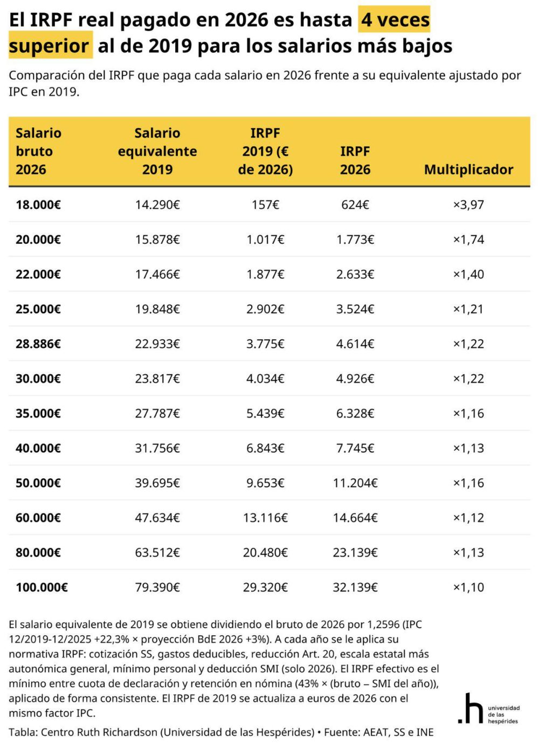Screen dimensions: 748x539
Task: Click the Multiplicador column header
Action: (468, 169)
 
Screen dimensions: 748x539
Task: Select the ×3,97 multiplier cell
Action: (468, 205)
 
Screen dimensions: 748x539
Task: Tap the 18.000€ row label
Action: (38, 205)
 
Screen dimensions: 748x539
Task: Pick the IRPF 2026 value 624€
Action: (355, 205)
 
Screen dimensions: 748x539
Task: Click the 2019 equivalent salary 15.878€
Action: (157, 239)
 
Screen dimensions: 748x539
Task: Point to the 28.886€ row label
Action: (38, 344)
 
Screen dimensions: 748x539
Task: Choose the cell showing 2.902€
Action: (265, 309)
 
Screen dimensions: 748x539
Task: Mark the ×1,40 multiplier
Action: (468, 275)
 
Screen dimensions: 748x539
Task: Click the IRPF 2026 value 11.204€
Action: (355, 483)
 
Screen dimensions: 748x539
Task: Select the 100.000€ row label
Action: (42, 587)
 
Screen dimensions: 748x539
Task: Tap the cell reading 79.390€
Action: (157, 587)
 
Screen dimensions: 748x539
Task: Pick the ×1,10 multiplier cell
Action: (468, 587)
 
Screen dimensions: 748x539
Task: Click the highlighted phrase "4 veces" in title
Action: (395, 20)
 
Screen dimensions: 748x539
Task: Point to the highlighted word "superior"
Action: (49, 46)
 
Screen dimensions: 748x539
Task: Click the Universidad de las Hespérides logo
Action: (488, 709)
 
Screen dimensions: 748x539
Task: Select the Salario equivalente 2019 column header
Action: (157, 151)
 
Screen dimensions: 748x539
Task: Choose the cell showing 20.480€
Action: (265, 553)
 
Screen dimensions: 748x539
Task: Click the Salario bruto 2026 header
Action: (38, 151)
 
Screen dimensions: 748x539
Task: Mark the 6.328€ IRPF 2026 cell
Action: (355, 414)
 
